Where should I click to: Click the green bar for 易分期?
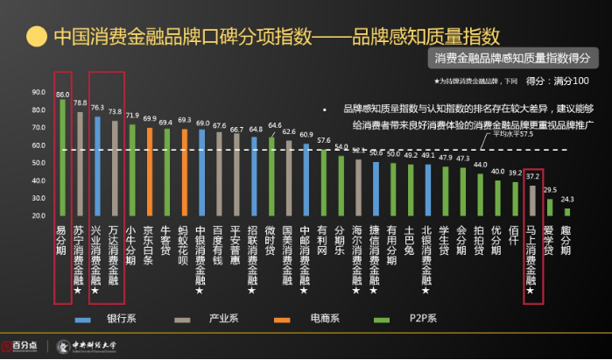(x=62, y=158)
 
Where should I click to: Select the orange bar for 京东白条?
(x=149, y=172)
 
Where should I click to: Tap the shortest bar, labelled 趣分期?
(x=566, y=211)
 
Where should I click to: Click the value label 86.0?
(x=62, y=94)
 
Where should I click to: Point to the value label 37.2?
(x=532, y=176)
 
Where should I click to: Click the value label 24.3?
(x=566, y=200)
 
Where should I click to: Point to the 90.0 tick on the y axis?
(x=39, y=92)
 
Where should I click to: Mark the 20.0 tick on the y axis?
(x=39, y=215)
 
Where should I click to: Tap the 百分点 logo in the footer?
(x=24, y=345)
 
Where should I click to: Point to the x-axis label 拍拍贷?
(x=480, y=241)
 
